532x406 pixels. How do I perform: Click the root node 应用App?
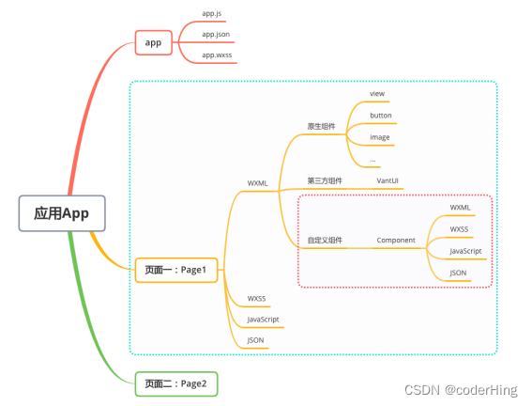62,213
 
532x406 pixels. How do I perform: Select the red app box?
154,42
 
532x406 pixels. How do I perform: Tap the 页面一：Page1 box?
176,270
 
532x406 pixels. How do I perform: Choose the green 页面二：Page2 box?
176,384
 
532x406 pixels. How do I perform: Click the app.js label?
212,13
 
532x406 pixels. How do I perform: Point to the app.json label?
216,35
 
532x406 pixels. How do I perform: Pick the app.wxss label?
217,55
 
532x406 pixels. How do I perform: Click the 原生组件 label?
321,126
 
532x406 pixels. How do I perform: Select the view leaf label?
377,94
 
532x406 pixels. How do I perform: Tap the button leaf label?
381,116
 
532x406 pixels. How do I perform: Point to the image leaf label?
380,137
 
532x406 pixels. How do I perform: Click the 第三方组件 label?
325,180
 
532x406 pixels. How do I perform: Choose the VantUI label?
388,180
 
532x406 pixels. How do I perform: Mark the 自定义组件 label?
325,241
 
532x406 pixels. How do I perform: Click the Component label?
396,241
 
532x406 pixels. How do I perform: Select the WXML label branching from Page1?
257,183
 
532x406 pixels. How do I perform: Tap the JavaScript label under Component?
465,251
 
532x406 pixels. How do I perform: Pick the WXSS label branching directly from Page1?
256,299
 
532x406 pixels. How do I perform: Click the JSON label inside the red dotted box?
458,273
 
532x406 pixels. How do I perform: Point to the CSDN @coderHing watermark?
461,390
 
